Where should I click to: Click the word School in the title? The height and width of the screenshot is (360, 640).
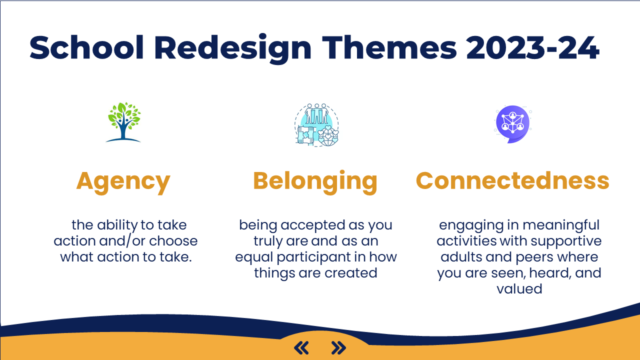tap(86, 47)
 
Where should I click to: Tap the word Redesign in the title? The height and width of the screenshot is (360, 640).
tap(233, 48)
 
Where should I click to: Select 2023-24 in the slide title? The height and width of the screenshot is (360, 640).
tap(532, 47)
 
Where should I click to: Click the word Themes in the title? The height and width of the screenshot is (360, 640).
tap(389, 47)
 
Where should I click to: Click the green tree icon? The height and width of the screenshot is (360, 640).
tap(123, 122)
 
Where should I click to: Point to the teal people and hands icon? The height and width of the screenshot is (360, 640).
tap(316, 125)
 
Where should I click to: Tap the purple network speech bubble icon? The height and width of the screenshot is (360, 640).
tap(513, 124)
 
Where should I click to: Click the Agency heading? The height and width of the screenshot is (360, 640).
tap(123, 181)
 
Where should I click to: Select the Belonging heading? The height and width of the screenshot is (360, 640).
tap(315, 181)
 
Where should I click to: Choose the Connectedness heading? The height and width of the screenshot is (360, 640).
tap(512, 180)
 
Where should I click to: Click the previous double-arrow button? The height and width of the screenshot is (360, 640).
tap(301, 347)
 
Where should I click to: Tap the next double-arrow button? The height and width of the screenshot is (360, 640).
tap(338, 347)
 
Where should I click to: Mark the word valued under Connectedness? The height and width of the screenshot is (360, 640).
tap(519, 289)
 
